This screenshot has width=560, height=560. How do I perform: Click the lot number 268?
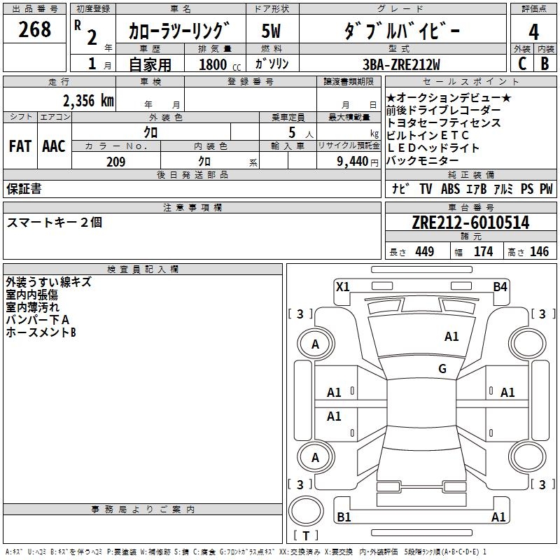tap(36, 30)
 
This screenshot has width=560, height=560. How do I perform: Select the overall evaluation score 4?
tap(534, 32)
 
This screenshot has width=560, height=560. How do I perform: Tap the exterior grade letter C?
tap(521, 64)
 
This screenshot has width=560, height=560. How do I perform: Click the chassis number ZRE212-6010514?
tap(470, 223)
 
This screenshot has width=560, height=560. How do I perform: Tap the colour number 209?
tap(115, 162)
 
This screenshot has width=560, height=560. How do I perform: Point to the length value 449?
tap(423, 252)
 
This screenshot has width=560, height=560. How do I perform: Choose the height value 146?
tap(539, 252)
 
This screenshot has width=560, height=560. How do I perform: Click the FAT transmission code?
tap(20, 146)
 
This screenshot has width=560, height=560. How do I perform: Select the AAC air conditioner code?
tap(54, 146)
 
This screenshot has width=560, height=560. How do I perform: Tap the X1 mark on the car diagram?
tap(343, 286)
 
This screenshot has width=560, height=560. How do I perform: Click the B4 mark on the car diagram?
tap(500, 286)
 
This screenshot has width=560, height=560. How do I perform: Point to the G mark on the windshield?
tap(442, 369)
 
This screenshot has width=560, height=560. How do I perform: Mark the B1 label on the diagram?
tap(344, 517)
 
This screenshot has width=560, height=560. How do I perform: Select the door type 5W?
tap(272, 31)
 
